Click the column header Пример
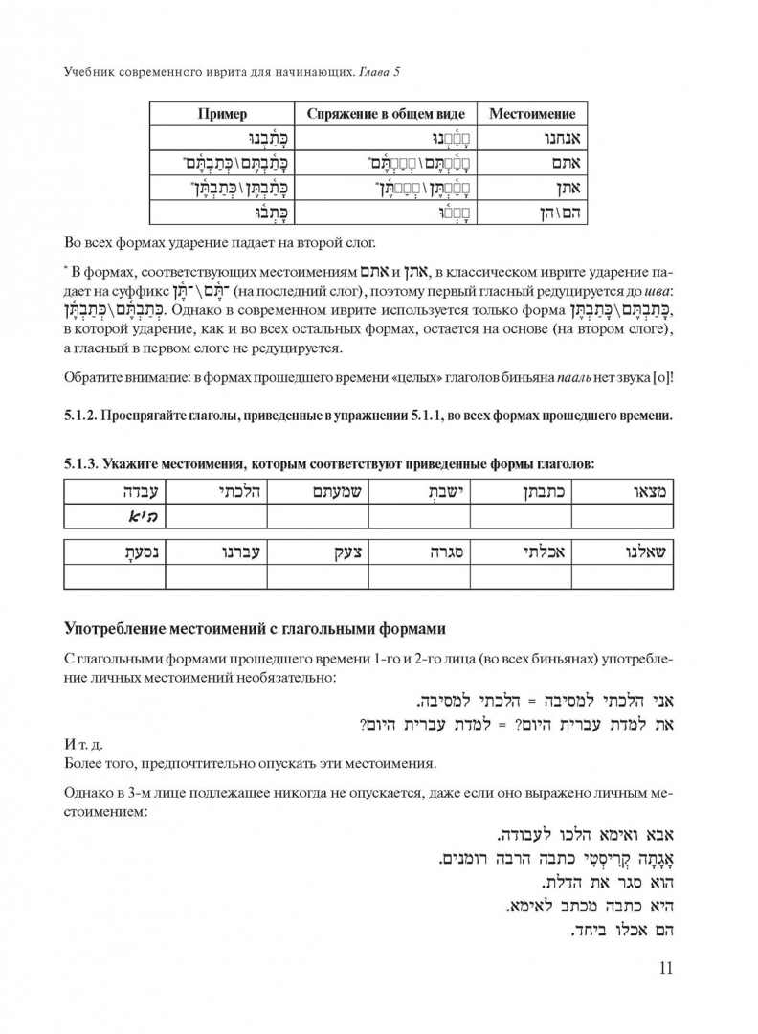click(222, 114)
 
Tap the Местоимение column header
click(532, 114)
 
